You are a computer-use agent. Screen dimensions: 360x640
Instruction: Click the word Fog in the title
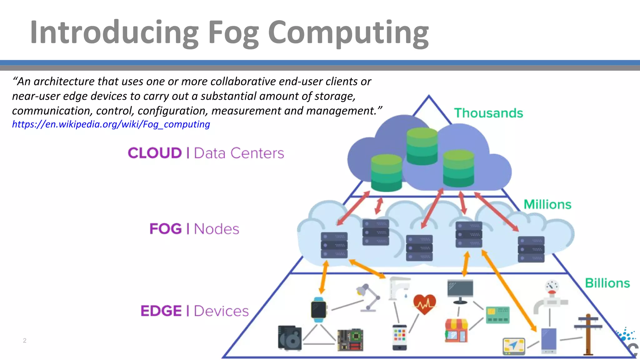click(x=233, y=33)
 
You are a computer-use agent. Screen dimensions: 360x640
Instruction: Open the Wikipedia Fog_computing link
click(x=111, y=124)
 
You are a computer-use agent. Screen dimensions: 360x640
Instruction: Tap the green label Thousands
click(x=488, y=113)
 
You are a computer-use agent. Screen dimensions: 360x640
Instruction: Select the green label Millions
click(x=547, y=204)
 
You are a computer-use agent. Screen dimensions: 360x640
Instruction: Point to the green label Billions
click(x=607, y=283)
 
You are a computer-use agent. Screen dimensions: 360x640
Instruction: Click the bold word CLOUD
click(x=155, y=153)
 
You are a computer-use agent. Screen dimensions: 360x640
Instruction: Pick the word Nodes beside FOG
click(x=216, y=229)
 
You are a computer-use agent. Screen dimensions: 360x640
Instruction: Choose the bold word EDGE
click(x=161, y=311)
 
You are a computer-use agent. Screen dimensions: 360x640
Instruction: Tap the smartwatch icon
click(x=319, y=310)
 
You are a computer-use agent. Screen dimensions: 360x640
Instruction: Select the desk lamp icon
click(x=368, y=297)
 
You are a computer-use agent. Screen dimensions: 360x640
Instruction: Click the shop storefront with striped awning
click(x=456, y=330)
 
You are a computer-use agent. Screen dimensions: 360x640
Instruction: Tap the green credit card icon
click(x=498, y=315)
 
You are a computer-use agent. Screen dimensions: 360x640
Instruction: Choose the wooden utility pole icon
click(x=588, y=334)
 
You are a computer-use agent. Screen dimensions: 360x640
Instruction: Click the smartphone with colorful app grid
click(x=399, y=337)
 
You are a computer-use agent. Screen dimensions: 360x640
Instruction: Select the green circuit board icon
click(x=350, y=340)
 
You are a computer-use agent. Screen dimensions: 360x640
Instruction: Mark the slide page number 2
click(x=25, y=341)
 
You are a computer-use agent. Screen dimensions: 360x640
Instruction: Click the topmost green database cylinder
click(x=422, y=146)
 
